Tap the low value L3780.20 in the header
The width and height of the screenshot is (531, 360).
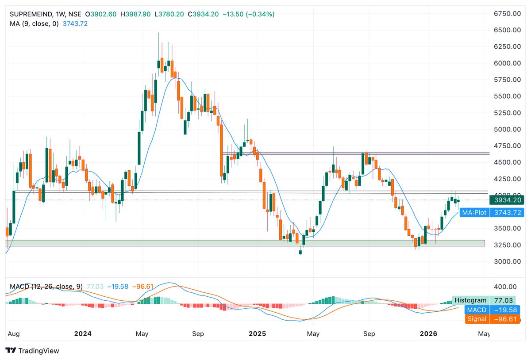click(x=171, y=14)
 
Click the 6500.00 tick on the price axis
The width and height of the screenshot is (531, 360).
click(x=507, y=30)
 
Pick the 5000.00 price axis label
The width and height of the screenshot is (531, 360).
click(x=507, y=130)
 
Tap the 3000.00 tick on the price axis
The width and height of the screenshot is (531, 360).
click(x=507, y=261)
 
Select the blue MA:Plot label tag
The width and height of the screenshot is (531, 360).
click(x=474, y=213)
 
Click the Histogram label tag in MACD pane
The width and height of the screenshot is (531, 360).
click(x=470, y=300)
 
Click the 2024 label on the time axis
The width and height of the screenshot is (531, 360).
click(x=83, y=334)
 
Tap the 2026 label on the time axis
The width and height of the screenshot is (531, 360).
click(x=429, y=334)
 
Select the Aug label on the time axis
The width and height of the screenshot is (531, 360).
click(x=14, y=334)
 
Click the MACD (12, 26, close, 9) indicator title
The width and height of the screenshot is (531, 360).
click(x=46, y=287)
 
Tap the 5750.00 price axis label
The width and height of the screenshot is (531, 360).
click(x=507, y=80)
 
